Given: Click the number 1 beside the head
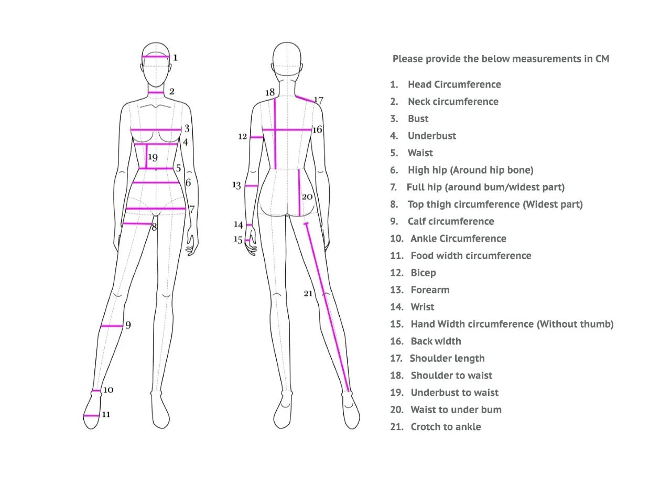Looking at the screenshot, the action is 175,58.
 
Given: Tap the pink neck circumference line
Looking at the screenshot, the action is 156,93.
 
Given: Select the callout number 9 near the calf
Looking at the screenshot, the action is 128,325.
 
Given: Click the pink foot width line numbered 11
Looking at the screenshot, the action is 91,416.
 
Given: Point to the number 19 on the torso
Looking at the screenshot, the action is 153,157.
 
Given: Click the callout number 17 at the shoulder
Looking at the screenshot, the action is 318,100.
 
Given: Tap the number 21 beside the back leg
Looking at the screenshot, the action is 308,293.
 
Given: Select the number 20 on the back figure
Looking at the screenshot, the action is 307,197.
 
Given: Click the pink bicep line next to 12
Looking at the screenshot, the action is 256,137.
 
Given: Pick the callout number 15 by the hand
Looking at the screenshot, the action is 238,240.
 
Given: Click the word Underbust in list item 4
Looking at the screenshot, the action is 432,136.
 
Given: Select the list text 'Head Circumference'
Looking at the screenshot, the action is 454,84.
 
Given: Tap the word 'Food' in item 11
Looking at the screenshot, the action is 422,256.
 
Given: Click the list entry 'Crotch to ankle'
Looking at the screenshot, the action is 446,427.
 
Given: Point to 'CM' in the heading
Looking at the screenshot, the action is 602,59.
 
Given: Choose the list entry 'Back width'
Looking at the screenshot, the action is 436,341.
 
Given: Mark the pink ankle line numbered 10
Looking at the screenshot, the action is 96,391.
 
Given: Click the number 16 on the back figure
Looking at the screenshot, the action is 317,130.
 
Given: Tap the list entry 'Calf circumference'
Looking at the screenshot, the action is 451,221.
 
